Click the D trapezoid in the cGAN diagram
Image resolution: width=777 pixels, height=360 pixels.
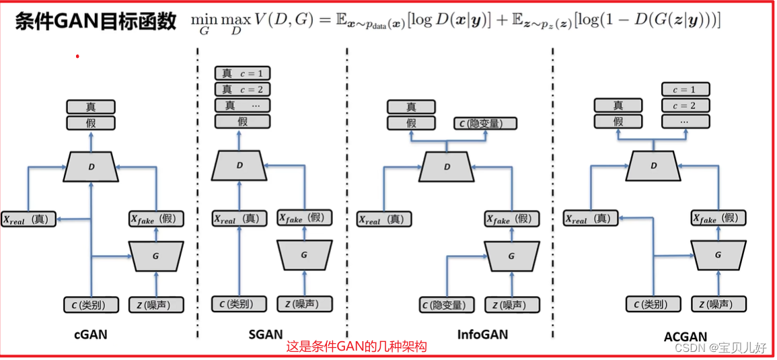[91, 166]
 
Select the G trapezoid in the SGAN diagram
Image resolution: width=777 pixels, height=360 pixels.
[304, 255]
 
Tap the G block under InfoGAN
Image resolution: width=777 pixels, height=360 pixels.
[511, 256]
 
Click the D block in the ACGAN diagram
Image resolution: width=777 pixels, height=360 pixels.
[653, 166]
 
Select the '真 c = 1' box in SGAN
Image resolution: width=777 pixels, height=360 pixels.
[242, 73]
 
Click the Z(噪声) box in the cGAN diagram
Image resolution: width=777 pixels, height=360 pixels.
[156, 304]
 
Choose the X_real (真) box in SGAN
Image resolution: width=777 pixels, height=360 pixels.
[237, 219]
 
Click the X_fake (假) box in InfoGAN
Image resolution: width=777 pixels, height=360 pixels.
[511, 219]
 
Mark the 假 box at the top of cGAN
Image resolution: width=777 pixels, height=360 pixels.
[91, 122]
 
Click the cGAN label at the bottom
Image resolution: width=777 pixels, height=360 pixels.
[91, 334]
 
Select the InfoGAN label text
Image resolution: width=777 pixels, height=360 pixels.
[482, 334]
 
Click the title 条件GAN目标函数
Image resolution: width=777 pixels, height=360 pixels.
[96, 21]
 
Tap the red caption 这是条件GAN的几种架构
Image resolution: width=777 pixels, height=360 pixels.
[356, 347]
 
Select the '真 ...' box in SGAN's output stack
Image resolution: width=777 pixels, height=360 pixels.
[242, 105]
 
